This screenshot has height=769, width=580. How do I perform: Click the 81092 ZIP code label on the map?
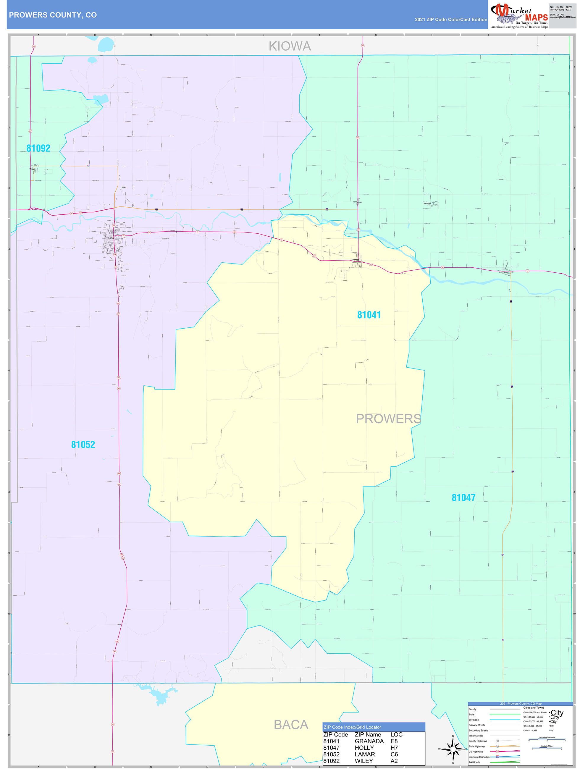pyautogui.click(x=38, y=148)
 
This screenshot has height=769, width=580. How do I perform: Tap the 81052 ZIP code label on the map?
pyautogui.click(x=83, y=445)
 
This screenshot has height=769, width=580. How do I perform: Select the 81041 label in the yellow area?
pyautogui.click(x=369, y=315)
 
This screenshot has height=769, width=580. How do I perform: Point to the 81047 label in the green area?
pyautogui.click(x=463, y=498)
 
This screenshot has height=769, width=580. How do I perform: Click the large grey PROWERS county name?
pyautogui.click(x=388, y=419)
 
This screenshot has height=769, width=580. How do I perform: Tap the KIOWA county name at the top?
pyautogui.click(x=290, y=46)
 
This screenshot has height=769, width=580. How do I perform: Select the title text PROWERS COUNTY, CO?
pyautogui.click(x=53, y=15)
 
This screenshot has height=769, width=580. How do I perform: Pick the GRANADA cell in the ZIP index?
pyautogui.click(x=369, y=741)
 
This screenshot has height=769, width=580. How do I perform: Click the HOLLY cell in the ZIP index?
pyautogui.click(x=364, y=748)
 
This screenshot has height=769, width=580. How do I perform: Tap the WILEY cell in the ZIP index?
pyautogui.click(x=363, y=761)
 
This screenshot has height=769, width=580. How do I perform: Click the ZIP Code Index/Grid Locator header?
pyautogui.click(x=352, y=727)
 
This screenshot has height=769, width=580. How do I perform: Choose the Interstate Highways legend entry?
pyautogui.click(x=479, y=757)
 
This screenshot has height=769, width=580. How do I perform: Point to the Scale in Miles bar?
pyautogui.click(x=547, y=749)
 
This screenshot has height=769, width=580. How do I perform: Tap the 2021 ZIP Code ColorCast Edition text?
pyautogui.click(x=451, y=20)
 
